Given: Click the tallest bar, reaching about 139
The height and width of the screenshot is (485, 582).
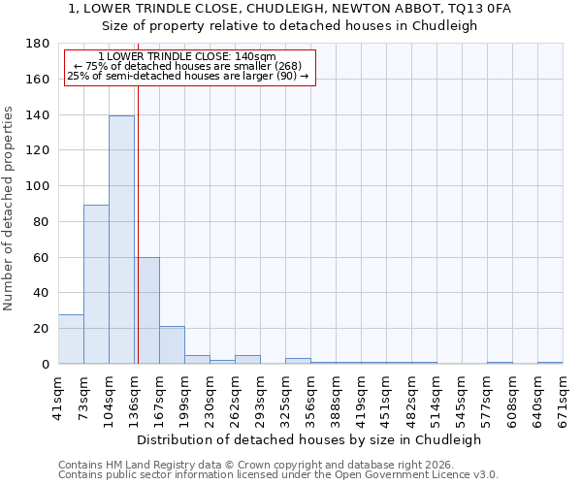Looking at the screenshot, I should click(121, 240).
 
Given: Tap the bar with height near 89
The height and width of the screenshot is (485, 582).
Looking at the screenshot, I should click(96, 284).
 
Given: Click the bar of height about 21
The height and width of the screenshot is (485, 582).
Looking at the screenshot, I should click(172, 345).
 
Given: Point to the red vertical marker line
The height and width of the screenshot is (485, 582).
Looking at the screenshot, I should click(138, 223).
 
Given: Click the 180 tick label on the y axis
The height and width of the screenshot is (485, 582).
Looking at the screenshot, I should click(38, 44).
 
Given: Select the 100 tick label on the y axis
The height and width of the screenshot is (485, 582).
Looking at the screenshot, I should click(38, 186).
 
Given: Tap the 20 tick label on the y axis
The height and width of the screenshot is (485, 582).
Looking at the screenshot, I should click(42, 329).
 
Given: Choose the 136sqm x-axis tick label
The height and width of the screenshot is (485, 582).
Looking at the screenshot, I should click(134, 395).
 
